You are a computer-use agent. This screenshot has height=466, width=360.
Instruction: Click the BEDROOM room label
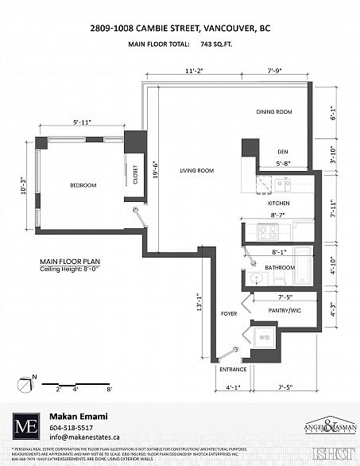[83, 185]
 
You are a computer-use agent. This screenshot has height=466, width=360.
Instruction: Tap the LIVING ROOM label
[198, 171]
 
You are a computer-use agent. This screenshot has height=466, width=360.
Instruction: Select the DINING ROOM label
[274, 112]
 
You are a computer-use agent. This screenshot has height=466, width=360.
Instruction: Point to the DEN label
[281, 151]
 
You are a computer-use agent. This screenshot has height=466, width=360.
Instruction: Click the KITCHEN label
[277, 204]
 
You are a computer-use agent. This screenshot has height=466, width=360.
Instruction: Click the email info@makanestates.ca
[84, 437]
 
